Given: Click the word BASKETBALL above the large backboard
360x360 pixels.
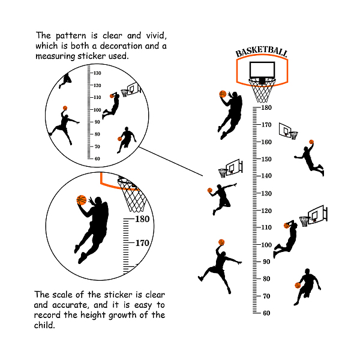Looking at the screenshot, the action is coord(262,52).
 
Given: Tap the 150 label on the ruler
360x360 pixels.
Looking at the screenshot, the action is coord(266,159).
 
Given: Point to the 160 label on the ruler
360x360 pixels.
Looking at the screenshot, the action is coord(266,142).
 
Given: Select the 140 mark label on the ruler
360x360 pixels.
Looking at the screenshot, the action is coord(266,176).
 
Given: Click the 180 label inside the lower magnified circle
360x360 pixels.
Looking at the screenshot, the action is coord(142,219).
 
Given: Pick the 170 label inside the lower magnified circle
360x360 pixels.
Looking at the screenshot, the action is coord(142,243).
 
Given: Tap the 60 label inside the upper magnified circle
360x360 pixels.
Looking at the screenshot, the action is coord(97,158).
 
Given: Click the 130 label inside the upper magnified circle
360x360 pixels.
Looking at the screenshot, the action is coord(97,73).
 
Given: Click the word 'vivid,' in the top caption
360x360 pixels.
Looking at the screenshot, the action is coord(157,36).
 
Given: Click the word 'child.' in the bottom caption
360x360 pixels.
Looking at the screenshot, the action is coord(44,325).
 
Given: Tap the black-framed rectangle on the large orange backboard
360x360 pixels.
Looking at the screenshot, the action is coord(262,70).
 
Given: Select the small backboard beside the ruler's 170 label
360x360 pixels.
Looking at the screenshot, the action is coord(284,130).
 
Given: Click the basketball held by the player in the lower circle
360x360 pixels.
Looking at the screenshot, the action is coord(82,200).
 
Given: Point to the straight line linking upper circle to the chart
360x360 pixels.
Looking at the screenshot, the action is coord(171,161).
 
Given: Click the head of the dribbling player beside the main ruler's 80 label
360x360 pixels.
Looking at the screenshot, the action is coord(307,271).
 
